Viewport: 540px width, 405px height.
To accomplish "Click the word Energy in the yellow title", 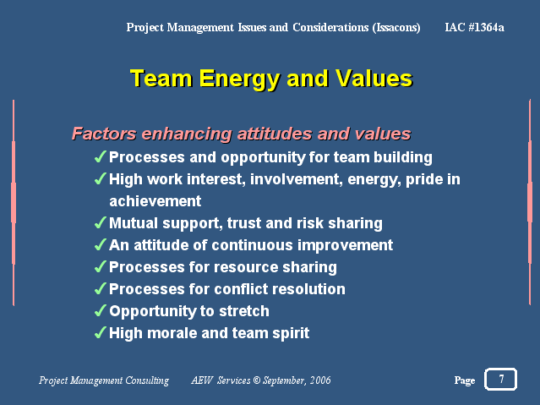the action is point(239,79).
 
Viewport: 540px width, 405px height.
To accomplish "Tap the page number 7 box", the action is point(500,379).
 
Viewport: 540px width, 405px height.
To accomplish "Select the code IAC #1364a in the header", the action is point(474,27).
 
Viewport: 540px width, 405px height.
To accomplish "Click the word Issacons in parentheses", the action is point(396,28).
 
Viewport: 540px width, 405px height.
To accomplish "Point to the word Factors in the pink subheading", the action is point(104,134).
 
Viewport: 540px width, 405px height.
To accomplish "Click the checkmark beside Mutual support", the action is point(100,222).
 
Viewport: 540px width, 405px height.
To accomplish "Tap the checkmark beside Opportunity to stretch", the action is point(100,310).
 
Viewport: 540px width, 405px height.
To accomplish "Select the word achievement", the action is point(155,201).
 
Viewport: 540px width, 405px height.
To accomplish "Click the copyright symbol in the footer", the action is point(257,380).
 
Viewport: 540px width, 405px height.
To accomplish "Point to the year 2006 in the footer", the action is point(320,380).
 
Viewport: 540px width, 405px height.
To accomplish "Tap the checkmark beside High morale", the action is point(100,332).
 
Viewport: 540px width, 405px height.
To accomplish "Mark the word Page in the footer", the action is point(465,380).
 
